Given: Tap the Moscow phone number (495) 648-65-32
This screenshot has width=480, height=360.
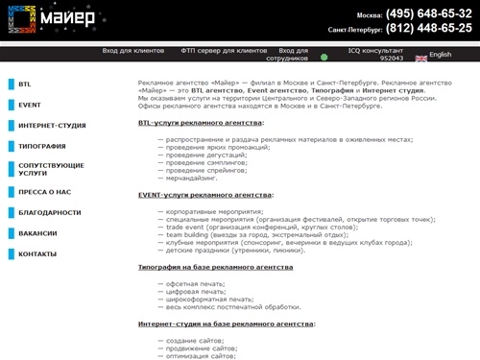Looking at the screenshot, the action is [x=428, y=15].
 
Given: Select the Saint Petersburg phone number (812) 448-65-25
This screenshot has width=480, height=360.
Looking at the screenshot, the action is [x=428, y=29].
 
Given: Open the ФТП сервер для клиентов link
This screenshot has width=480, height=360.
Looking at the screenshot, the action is [x=223, y=50].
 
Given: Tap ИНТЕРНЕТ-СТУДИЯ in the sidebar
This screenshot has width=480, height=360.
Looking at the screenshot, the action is [x=52, y=125].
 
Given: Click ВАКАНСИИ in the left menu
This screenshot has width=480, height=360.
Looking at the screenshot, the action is [x=37, y=232].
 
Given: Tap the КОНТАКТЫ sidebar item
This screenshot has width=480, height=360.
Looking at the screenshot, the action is [x=37, y=253].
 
